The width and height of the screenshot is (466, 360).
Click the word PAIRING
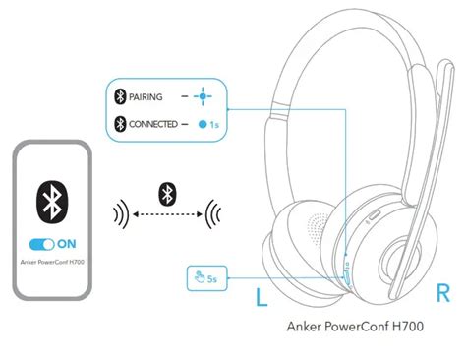coord(146,97)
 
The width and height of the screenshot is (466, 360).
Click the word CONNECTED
coord(153,124)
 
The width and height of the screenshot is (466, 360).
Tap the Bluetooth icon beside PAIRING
coord(120,96)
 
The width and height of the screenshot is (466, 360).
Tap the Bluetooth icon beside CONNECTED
coord(120,124)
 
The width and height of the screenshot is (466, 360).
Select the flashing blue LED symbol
coord(203,96)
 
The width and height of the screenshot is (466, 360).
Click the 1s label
coord(214,125)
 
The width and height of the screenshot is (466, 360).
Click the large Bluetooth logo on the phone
coord(52,201)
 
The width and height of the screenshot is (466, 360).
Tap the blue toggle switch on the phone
coord(41,244)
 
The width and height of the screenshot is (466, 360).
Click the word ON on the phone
coord(67,244)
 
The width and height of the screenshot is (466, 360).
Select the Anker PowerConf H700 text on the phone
coord(52,262)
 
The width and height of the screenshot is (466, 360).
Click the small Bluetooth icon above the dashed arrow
coord(167,194)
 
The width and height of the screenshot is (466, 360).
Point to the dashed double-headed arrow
coord(167,214)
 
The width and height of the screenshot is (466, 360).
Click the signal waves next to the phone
coord(121,214)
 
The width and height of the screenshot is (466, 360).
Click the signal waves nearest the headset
coord(212,214)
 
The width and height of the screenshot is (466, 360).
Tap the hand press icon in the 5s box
coord(199,277)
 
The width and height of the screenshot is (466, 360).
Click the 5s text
coord(212,279)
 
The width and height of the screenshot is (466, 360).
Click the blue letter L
coord(262,297)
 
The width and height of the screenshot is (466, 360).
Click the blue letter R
coord(443,293)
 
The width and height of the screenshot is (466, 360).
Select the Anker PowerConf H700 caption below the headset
coord(355,327)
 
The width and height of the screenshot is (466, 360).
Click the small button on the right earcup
coord(375,215)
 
